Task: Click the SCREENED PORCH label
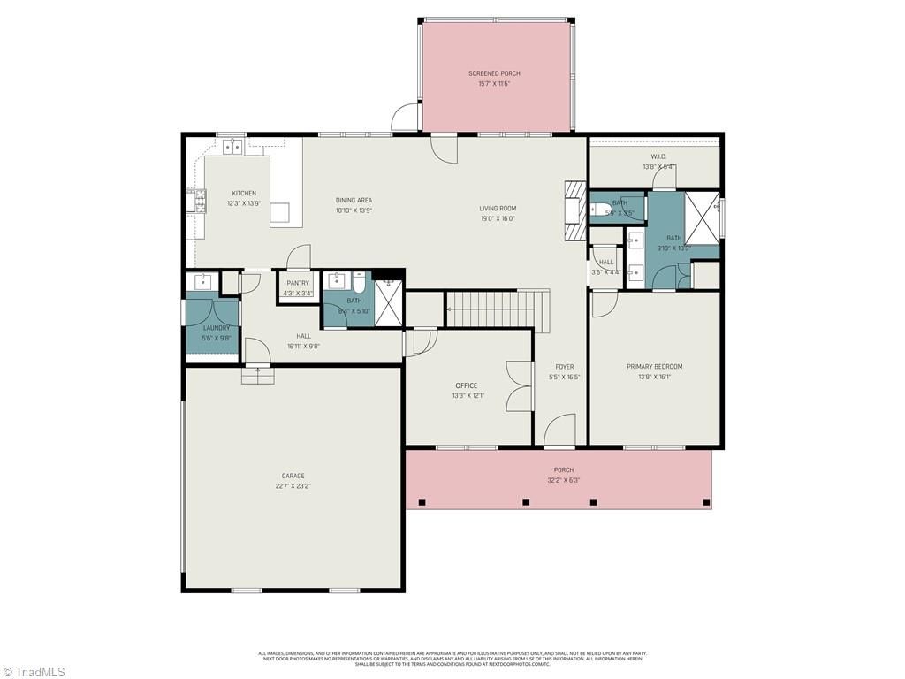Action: pyautogui.click(x=494, y=73)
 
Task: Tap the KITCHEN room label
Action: pyautogui.click(x=244, y=194)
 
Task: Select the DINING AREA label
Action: pyautogui.click(x=354, y=201)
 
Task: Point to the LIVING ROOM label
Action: pyautogui.click(x=498, y=209)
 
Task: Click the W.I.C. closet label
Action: pyautogui.click(x=658, y=156)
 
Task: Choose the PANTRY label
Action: pyautogui.click(x=298, y=284)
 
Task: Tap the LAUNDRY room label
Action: pyautogui.click(x=217, y=328)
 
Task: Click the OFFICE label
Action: pyautogui.click(x=466, y=385)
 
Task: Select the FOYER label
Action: pyautogui.click(x=564, y=367)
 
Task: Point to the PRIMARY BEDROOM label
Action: pyautogui.click(x=654, y=367)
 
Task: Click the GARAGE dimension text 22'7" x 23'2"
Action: pyautogui.click(x=293, y=486)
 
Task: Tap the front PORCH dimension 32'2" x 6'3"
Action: pyautogui.click(x=563, y=481)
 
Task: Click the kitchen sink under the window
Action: pyautogui.click(x=232, y=147)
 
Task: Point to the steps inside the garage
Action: pyautogui.click(x=258, y=376)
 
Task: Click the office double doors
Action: pyautogui.click(x=518, y=386)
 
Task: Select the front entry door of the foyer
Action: pyautogui.click(x=560, y=434)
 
